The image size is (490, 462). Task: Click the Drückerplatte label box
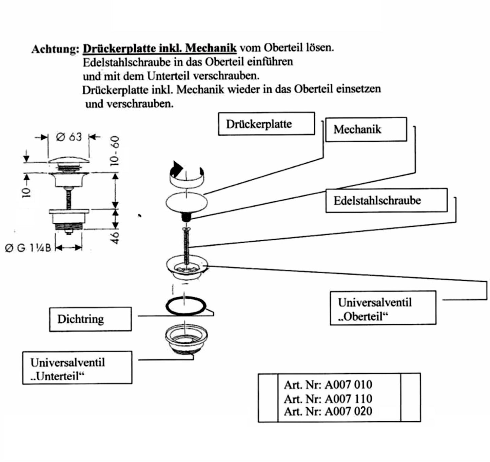266,124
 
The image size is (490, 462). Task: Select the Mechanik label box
366,129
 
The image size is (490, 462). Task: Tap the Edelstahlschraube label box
386,201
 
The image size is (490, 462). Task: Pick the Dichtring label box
90,319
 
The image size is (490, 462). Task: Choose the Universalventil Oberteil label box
383,308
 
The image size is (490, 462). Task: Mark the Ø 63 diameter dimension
69,137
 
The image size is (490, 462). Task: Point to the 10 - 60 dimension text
116,151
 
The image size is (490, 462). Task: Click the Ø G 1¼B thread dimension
28,248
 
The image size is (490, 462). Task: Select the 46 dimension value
116,237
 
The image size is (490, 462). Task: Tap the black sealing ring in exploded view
186,306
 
